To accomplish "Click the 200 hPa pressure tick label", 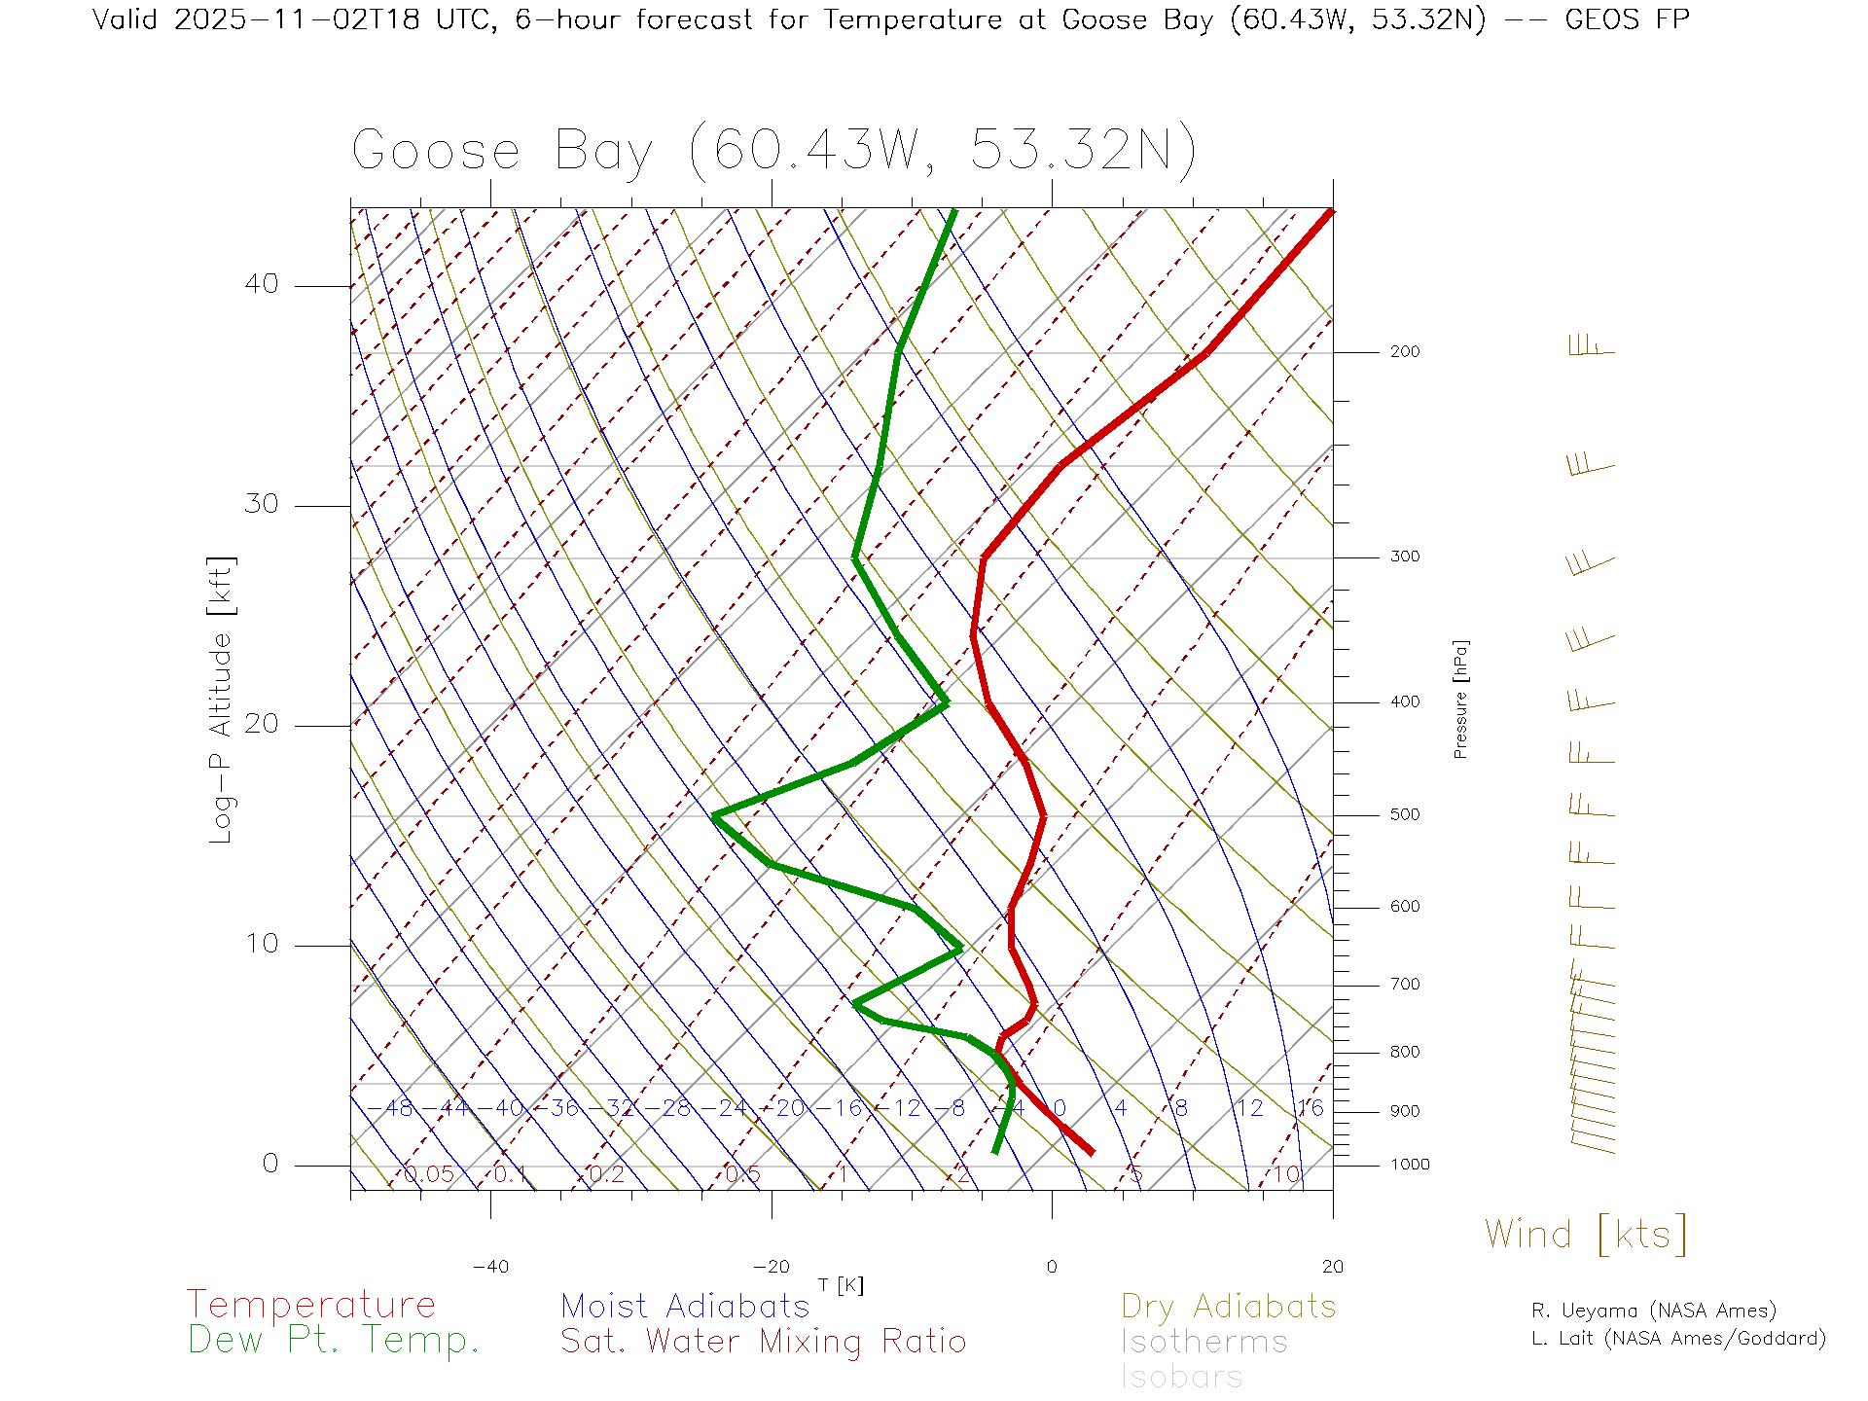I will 1404,352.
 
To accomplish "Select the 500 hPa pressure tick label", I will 1404,815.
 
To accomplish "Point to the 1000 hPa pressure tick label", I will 1410,1165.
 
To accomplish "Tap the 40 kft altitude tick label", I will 261,284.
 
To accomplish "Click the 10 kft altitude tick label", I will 261,944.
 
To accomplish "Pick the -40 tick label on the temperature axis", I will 490,1267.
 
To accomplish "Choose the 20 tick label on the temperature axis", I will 1332,1267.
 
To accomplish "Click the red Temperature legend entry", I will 311,1305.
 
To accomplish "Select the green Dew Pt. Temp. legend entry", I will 334,1341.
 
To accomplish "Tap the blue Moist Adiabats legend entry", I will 685,1307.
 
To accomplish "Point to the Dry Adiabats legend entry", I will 1229,1307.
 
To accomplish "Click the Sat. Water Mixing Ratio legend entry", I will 763,1342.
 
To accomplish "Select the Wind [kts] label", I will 1586,1235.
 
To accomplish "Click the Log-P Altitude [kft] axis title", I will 222,700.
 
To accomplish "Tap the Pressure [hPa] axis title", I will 1460,699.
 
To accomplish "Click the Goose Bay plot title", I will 773,151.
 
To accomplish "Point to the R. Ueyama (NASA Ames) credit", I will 1654,1311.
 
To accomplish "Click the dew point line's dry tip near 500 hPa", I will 715,815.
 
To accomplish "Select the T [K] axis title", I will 841,1285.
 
